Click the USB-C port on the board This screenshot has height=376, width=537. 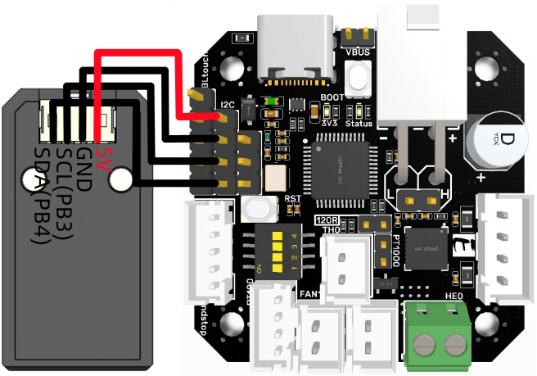pos(296,49)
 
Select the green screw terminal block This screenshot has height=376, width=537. pos(438,333)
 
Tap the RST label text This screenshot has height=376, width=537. pos(292,199)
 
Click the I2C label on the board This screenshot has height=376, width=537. pos(228,104)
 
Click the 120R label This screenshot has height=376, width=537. pos(327,220)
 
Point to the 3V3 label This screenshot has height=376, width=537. pos(329,123)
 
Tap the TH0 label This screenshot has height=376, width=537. pos(332,230)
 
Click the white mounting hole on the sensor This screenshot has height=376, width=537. pos(120,177)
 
